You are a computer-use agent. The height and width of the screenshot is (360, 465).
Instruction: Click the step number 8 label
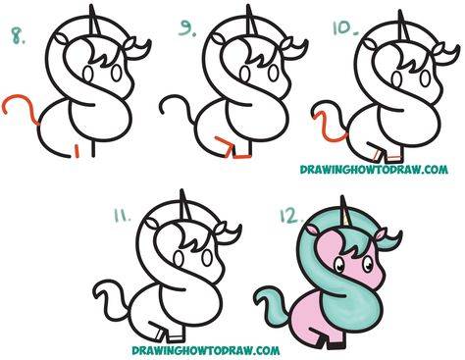(18, 36)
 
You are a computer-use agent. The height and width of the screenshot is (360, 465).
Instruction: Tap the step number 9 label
(187, 28)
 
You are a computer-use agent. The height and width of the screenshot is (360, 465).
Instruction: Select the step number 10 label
(345, 27)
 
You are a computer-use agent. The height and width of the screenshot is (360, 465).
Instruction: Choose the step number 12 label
(291, 215)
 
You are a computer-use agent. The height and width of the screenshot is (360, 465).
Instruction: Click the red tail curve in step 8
(21, 103)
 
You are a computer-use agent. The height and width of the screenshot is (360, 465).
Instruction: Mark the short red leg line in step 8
(77, 151)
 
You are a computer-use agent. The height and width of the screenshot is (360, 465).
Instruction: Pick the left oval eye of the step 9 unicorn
(244, 74)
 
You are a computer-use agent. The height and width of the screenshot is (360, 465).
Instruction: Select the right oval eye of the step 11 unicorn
(207, 258)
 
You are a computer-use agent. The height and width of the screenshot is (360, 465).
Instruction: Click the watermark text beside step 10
(374, 170)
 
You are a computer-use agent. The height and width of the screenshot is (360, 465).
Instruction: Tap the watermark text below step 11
(206, 350)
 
